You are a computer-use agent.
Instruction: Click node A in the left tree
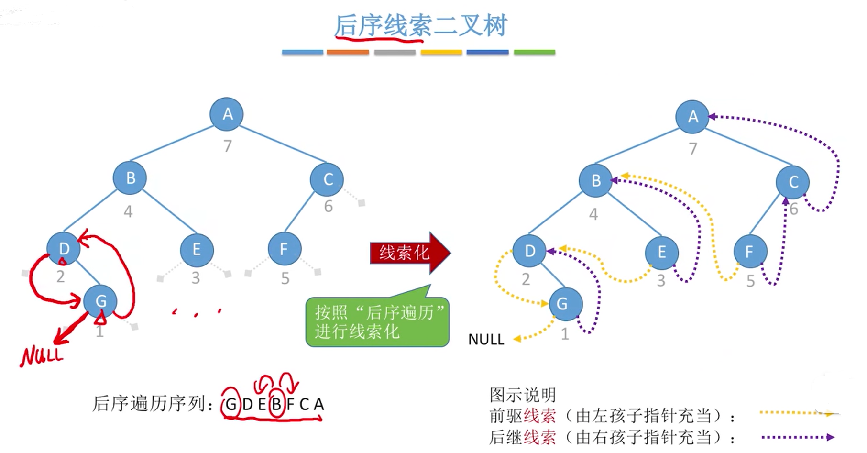coord(227,114)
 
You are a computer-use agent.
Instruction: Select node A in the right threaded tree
coord(692,117)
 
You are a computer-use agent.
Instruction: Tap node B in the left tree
coord(130,178)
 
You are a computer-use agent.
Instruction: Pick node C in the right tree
coord(793,182)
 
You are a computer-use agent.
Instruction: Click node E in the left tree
coord(197,249)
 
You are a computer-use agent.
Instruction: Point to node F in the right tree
coord(750,252)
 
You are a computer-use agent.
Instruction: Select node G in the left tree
coord(100,301)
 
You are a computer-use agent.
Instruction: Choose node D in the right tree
coord(529,251)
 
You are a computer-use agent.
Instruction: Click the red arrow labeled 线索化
coord(410,253)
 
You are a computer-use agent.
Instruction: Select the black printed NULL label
coord(486,339)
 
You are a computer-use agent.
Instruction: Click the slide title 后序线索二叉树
coord(420,25)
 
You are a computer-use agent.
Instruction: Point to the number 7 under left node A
coord(228,145)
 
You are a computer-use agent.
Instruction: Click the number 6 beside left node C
coord(328,206)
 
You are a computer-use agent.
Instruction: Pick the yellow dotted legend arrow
coord(799,413)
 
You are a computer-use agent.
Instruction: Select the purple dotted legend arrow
coord(798,437)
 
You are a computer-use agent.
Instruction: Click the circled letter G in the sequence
coord(231,405)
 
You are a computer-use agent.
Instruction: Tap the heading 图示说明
coord(523,395)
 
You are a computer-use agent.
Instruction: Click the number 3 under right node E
coord(661,280)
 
